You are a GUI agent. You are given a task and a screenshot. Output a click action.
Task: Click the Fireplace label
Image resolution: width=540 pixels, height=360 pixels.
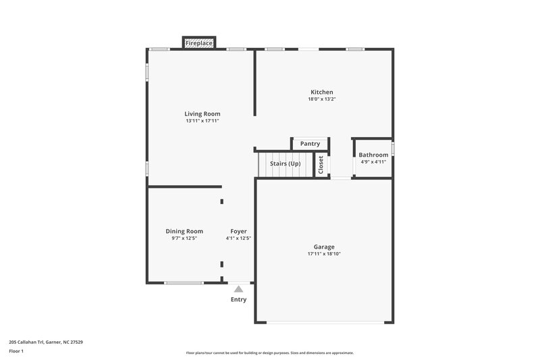point(199,43)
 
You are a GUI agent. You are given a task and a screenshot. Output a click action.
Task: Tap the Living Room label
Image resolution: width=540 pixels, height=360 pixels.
point(202,113)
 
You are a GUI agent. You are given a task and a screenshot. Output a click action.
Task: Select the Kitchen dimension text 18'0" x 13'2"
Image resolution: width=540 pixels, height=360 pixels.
point(322,99)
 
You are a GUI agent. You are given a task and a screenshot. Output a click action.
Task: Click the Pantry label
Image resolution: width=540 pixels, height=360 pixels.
point(310,144)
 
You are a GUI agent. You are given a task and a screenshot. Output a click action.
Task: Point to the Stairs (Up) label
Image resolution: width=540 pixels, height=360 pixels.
point(285,163)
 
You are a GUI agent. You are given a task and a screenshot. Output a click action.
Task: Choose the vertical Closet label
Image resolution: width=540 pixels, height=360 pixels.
point(321,165)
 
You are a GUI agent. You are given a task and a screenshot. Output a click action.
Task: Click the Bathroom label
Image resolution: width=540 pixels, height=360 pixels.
point(373,155)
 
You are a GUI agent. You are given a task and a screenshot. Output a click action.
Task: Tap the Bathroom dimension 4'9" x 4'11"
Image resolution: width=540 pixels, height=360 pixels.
point(373,162)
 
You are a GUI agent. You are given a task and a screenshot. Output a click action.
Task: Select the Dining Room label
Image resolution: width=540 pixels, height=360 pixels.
point(184,231)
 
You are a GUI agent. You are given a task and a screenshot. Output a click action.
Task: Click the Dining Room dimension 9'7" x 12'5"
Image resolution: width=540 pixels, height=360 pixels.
point(184,238)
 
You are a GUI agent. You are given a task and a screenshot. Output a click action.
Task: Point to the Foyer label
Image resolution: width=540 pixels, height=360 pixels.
point(238,231)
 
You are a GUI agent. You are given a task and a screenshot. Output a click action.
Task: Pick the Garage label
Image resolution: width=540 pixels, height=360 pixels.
point(324,247)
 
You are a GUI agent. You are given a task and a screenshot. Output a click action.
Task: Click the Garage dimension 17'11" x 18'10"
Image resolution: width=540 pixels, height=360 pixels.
point(324,254)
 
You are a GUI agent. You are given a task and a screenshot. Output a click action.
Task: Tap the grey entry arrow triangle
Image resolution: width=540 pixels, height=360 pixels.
point(238,288)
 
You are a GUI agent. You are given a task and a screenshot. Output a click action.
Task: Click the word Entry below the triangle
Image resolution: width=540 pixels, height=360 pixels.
point(238,299)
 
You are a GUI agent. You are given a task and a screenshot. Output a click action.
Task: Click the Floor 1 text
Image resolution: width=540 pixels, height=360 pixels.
point(16,351)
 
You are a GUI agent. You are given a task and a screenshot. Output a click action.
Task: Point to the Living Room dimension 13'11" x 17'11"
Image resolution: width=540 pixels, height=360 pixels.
point(202,121)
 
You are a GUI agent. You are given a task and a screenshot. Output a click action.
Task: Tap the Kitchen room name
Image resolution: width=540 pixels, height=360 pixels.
point(322,92)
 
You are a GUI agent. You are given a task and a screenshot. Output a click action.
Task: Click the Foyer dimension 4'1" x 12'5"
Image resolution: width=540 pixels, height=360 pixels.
point(238,238)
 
